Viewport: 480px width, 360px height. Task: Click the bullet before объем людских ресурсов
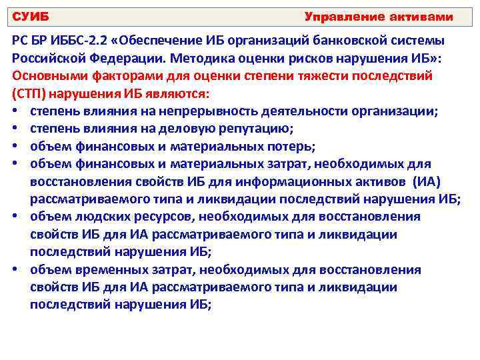15,216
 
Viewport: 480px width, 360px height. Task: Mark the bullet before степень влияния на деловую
15,128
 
